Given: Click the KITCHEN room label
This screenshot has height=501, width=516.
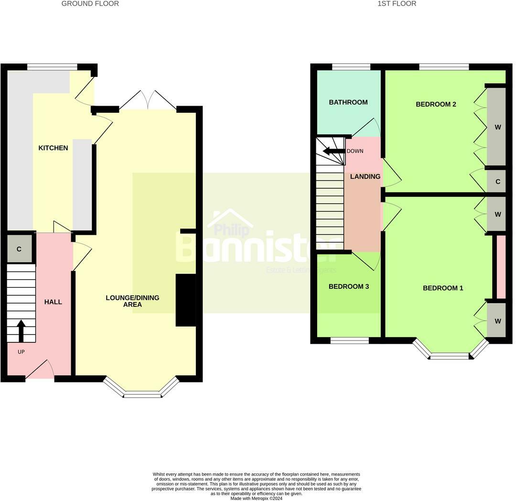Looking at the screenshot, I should click(53, 148).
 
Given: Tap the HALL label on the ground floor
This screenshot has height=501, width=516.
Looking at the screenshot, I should click(53, 302).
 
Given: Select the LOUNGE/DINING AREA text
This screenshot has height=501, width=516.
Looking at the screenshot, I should click(132, 301).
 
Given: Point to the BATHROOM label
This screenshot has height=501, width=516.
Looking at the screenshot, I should click(348, 102).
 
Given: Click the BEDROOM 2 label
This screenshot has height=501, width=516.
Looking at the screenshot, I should click(436, 104).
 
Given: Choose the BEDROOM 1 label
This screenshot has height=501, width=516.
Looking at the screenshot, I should click(443, 288).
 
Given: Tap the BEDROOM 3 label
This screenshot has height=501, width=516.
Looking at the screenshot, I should click(348, 287).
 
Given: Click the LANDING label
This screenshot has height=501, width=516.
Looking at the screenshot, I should click(365, 177).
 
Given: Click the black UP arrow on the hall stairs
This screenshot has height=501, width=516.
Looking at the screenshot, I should click(21, 330).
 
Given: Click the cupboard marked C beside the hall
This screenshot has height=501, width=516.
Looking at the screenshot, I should click(19, 249).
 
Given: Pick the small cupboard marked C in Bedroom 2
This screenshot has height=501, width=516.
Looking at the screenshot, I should click(497, 182).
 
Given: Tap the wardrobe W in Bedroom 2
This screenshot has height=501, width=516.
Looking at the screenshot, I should click(497, 127).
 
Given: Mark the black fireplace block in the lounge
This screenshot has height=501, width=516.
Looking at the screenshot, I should click(186, 300).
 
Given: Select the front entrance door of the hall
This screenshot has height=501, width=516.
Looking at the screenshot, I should click(40, 370).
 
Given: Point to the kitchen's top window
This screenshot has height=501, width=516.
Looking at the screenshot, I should click(52, 67).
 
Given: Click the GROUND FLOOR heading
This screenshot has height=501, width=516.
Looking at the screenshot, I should click(90, 4).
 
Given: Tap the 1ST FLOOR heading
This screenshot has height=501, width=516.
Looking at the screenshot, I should click(397, 4).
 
